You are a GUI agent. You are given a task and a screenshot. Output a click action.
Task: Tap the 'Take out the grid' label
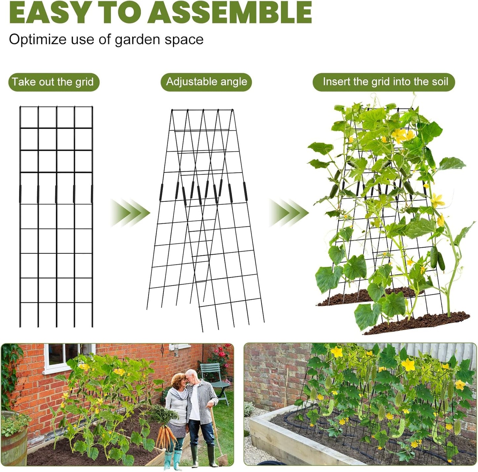tap(53, 82)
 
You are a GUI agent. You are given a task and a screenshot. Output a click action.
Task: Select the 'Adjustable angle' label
tap(206, 82)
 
